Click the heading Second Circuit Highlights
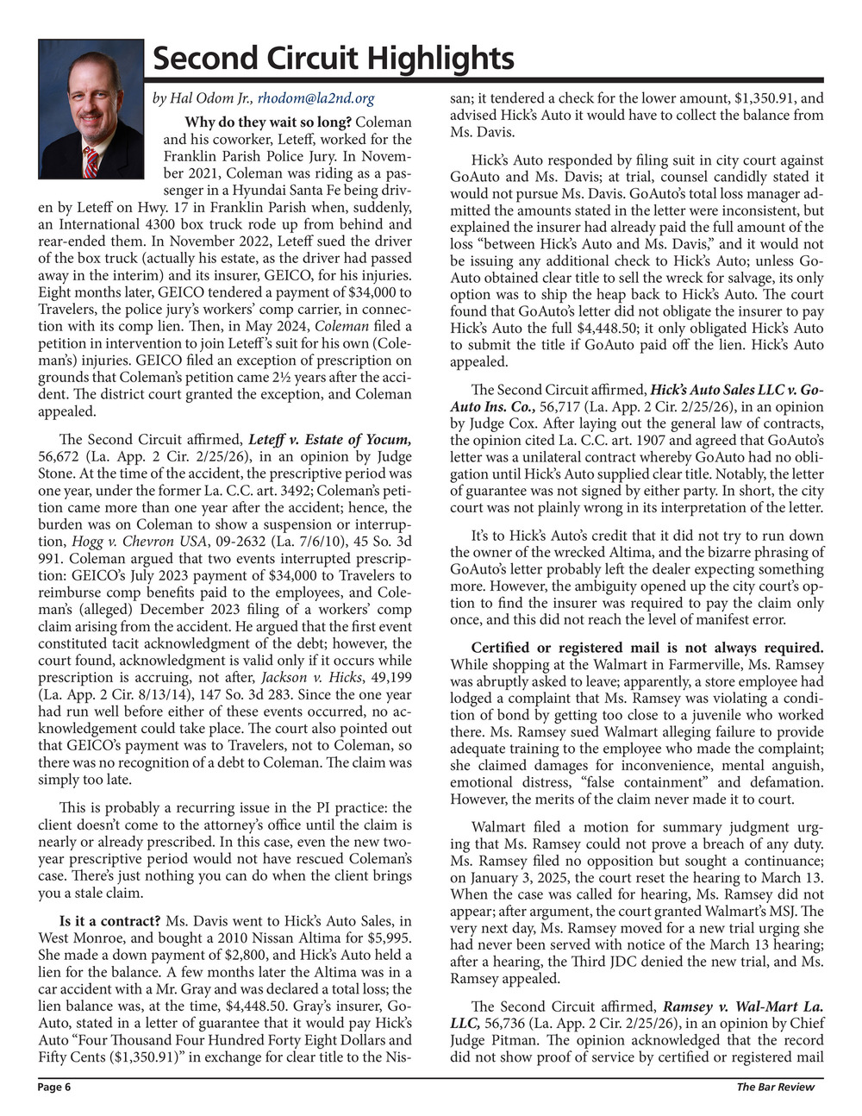tap(333, 59)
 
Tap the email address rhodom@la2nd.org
tap(316, 99)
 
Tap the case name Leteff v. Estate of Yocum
tap(330, 440)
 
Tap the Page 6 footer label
tap(54, 1088)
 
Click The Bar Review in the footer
tap(775, 1088)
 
